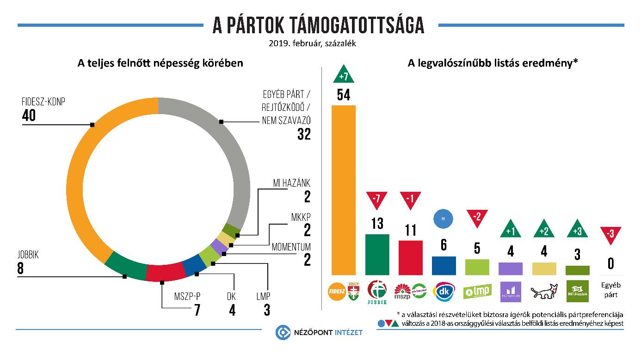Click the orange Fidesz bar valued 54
344,189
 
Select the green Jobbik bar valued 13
377,254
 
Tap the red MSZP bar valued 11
411,257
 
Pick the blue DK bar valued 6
444,265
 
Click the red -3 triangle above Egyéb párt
610,234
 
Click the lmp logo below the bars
477,292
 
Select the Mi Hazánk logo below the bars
577,292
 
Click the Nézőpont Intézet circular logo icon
283,332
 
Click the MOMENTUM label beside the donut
291,247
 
